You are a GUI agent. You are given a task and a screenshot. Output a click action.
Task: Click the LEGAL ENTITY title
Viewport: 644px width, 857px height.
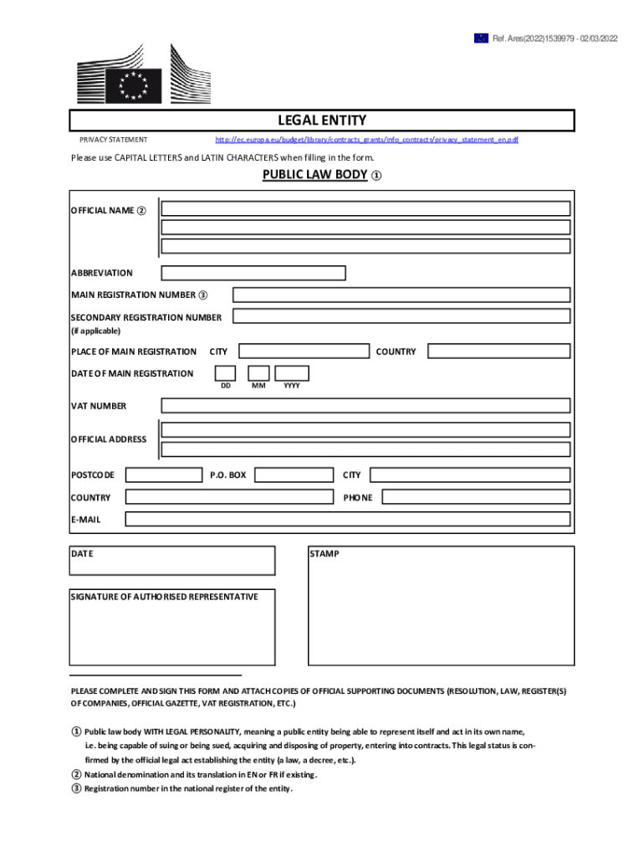(322, 121)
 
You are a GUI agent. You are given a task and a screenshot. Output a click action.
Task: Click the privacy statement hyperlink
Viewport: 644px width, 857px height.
(366, 140)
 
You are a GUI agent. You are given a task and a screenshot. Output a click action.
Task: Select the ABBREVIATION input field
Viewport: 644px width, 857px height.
(253, 273)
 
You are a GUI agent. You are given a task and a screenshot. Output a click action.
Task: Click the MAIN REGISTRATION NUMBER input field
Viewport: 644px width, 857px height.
(401, 295)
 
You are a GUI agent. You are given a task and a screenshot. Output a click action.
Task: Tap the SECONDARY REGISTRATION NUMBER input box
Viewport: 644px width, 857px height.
(401, 316)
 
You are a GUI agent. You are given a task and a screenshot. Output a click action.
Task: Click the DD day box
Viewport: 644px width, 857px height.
(225, 373)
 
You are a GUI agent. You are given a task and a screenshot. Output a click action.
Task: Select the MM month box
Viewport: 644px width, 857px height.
(259, 373)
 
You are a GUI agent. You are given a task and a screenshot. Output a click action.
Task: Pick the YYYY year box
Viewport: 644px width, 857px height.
(292, 373)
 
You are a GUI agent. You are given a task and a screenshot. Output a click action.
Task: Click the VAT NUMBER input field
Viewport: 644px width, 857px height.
(366, 406)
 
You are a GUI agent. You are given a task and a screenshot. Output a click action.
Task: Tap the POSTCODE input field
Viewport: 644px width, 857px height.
(163, 475)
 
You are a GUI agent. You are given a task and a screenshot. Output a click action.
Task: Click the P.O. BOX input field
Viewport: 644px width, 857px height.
(292, 475)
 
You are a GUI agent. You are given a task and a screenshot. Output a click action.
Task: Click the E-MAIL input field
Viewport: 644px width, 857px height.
(348, 519)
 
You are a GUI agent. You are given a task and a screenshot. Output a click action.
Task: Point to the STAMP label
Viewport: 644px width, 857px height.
(325, 554)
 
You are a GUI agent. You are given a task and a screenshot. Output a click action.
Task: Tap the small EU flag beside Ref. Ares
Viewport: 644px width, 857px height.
(481, 38)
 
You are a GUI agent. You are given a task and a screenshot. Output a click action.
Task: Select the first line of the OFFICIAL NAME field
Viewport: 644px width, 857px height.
(366, 208)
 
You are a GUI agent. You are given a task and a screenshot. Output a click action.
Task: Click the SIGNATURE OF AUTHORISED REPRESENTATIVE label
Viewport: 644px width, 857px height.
(165, 597)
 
